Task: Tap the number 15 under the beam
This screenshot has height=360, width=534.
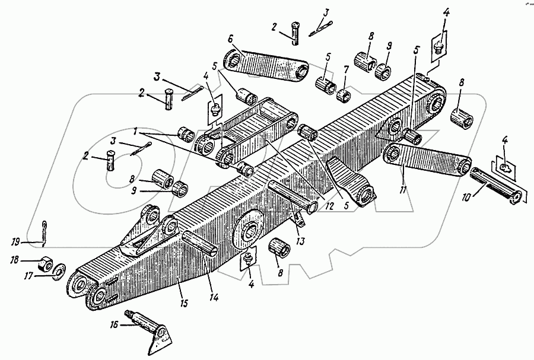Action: (184, 304)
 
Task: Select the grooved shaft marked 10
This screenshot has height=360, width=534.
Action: (496, 184)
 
